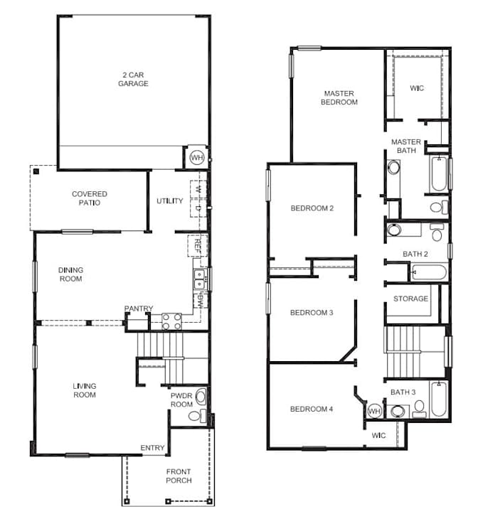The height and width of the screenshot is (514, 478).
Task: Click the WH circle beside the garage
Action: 197,157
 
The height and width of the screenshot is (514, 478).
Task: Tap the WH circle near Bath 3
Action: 374,411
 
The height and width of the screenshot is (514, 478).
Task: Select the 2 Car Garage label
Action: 133,80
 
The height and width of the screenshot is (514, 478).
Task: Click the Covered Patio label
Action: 90,198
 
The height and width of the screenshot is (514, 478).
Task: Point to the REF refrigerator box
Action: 198,245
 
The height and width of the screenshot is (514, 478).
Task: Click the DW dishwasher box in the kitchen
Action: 201,301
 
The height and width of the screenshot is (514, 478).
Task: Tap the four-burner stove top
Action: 171,321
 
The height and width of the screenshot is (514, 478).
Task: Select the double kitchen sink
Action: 199,279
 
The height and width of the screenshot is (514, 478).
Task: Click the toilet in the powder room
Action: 197,416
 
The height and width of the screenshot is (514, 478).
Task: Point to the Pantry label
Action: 139,309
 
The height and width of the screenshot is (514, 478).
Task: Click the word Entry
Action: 152,448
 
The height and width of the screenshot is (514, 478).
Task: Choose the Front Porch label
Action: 179,476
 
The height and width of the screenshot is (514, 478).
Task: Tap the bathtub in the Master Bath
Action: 439,174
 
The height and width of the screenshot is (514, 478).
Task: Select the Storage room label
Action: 410,299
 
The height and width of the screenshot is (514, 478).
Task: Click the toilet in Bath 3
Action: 419,409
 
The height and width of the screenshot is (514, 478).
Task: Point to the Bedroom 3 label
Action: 312,313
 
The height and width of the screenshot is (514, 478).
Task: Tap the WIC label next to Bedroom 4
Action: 378,435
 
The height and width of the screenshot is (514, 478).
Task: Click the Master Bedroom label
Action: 339,97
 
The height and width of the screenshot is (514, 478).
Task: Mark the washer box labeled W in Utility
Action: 198,189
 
